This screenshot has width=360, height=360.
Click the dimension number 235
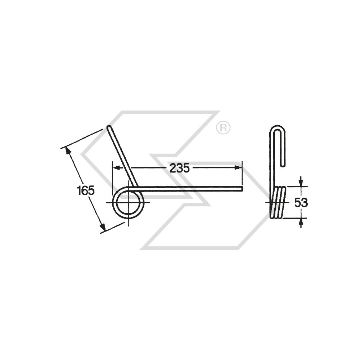180,168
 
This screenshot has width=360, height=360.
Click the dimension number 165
85,190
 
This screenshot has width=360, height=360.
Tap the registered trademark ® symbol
223,127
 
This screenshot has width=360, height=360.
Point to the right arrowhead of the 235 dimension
238,168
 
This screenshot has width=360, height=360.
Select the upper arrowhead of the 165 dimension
68,150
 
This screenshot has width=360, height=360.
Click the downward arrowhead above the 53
301,183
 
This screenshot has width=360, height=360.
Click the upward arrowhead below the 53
301,222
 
